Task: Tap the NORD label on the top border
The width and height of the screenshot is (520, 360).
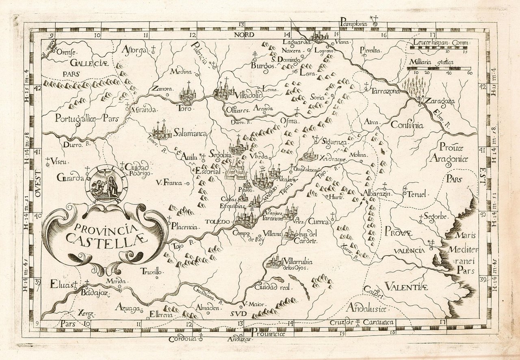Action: (244, 35)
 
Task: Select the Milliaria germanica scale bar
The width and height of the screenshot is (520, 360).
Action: (439, 69)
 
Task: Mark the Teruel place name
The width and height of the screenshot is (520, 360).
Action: (418, 195)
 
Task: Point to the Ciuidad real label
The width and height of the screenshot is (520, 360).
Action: (273, 287)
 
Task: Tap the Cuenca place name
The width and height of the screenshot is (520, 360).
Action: (318, 222)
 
